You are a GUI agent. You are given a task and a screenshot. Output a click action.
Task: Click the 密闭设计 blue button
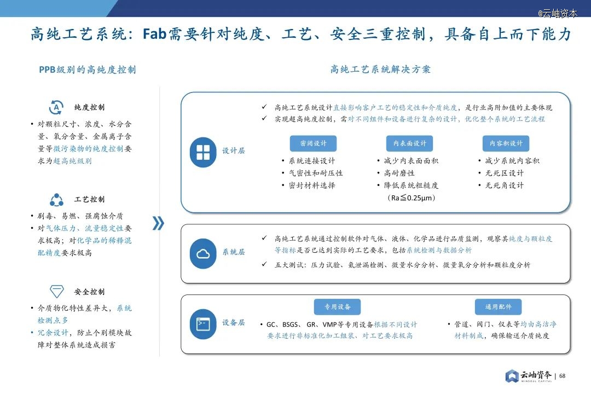(x=313, y=143)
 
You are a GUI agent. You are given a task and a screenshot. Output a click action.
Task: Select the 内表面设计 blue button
(x=410, y=143)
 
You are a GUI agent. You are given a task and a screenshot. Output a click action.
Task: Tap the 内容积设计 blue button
(x=506, y=143)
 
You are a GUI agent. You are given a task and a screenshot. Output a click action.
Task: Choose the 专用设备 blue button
(x=337, y=307)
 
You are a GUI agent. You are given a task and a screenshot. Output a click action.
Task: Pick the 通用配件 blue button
(x=499, y=307)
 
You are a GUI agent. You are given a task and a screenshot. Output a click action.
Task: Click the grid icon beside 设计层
(x=203, y=152)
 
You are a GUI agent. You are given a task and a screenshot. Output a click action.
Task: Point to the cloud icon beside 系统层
(x=203, y=254)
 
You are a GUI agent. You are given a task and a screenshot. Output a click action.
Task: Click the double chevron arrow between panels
(x=158, y=223)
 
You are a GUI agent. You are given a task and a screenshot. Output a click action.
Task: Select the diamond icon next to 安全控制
(x=57, y=291)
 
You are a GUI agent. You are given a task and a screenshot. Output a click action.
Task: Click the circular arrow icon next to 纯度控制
(x=56, y=107)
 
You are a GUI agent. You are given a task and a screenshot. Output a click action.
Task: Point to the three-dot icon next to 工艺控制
(x=56, y=200)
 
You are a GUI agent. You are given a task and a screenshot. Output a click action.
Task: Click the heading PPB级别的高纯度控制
(x=88, y=69)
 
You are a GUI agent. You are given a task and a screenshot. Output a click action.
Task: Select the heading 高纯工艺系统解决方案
(x=380, y=69)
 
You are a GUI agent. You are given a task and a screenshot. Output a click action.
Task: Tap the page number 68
(x=563, y=376)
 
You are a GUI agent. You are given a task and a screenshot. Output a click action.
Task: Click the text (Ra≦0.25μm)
(x=411, y=198)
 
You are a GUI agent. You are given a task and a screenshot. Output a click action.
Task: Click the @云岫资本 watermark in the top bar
(x=558, y=13)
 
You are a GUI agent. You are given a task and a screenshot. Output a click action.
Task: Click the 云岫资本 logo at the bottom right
(x=529, y=376)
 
